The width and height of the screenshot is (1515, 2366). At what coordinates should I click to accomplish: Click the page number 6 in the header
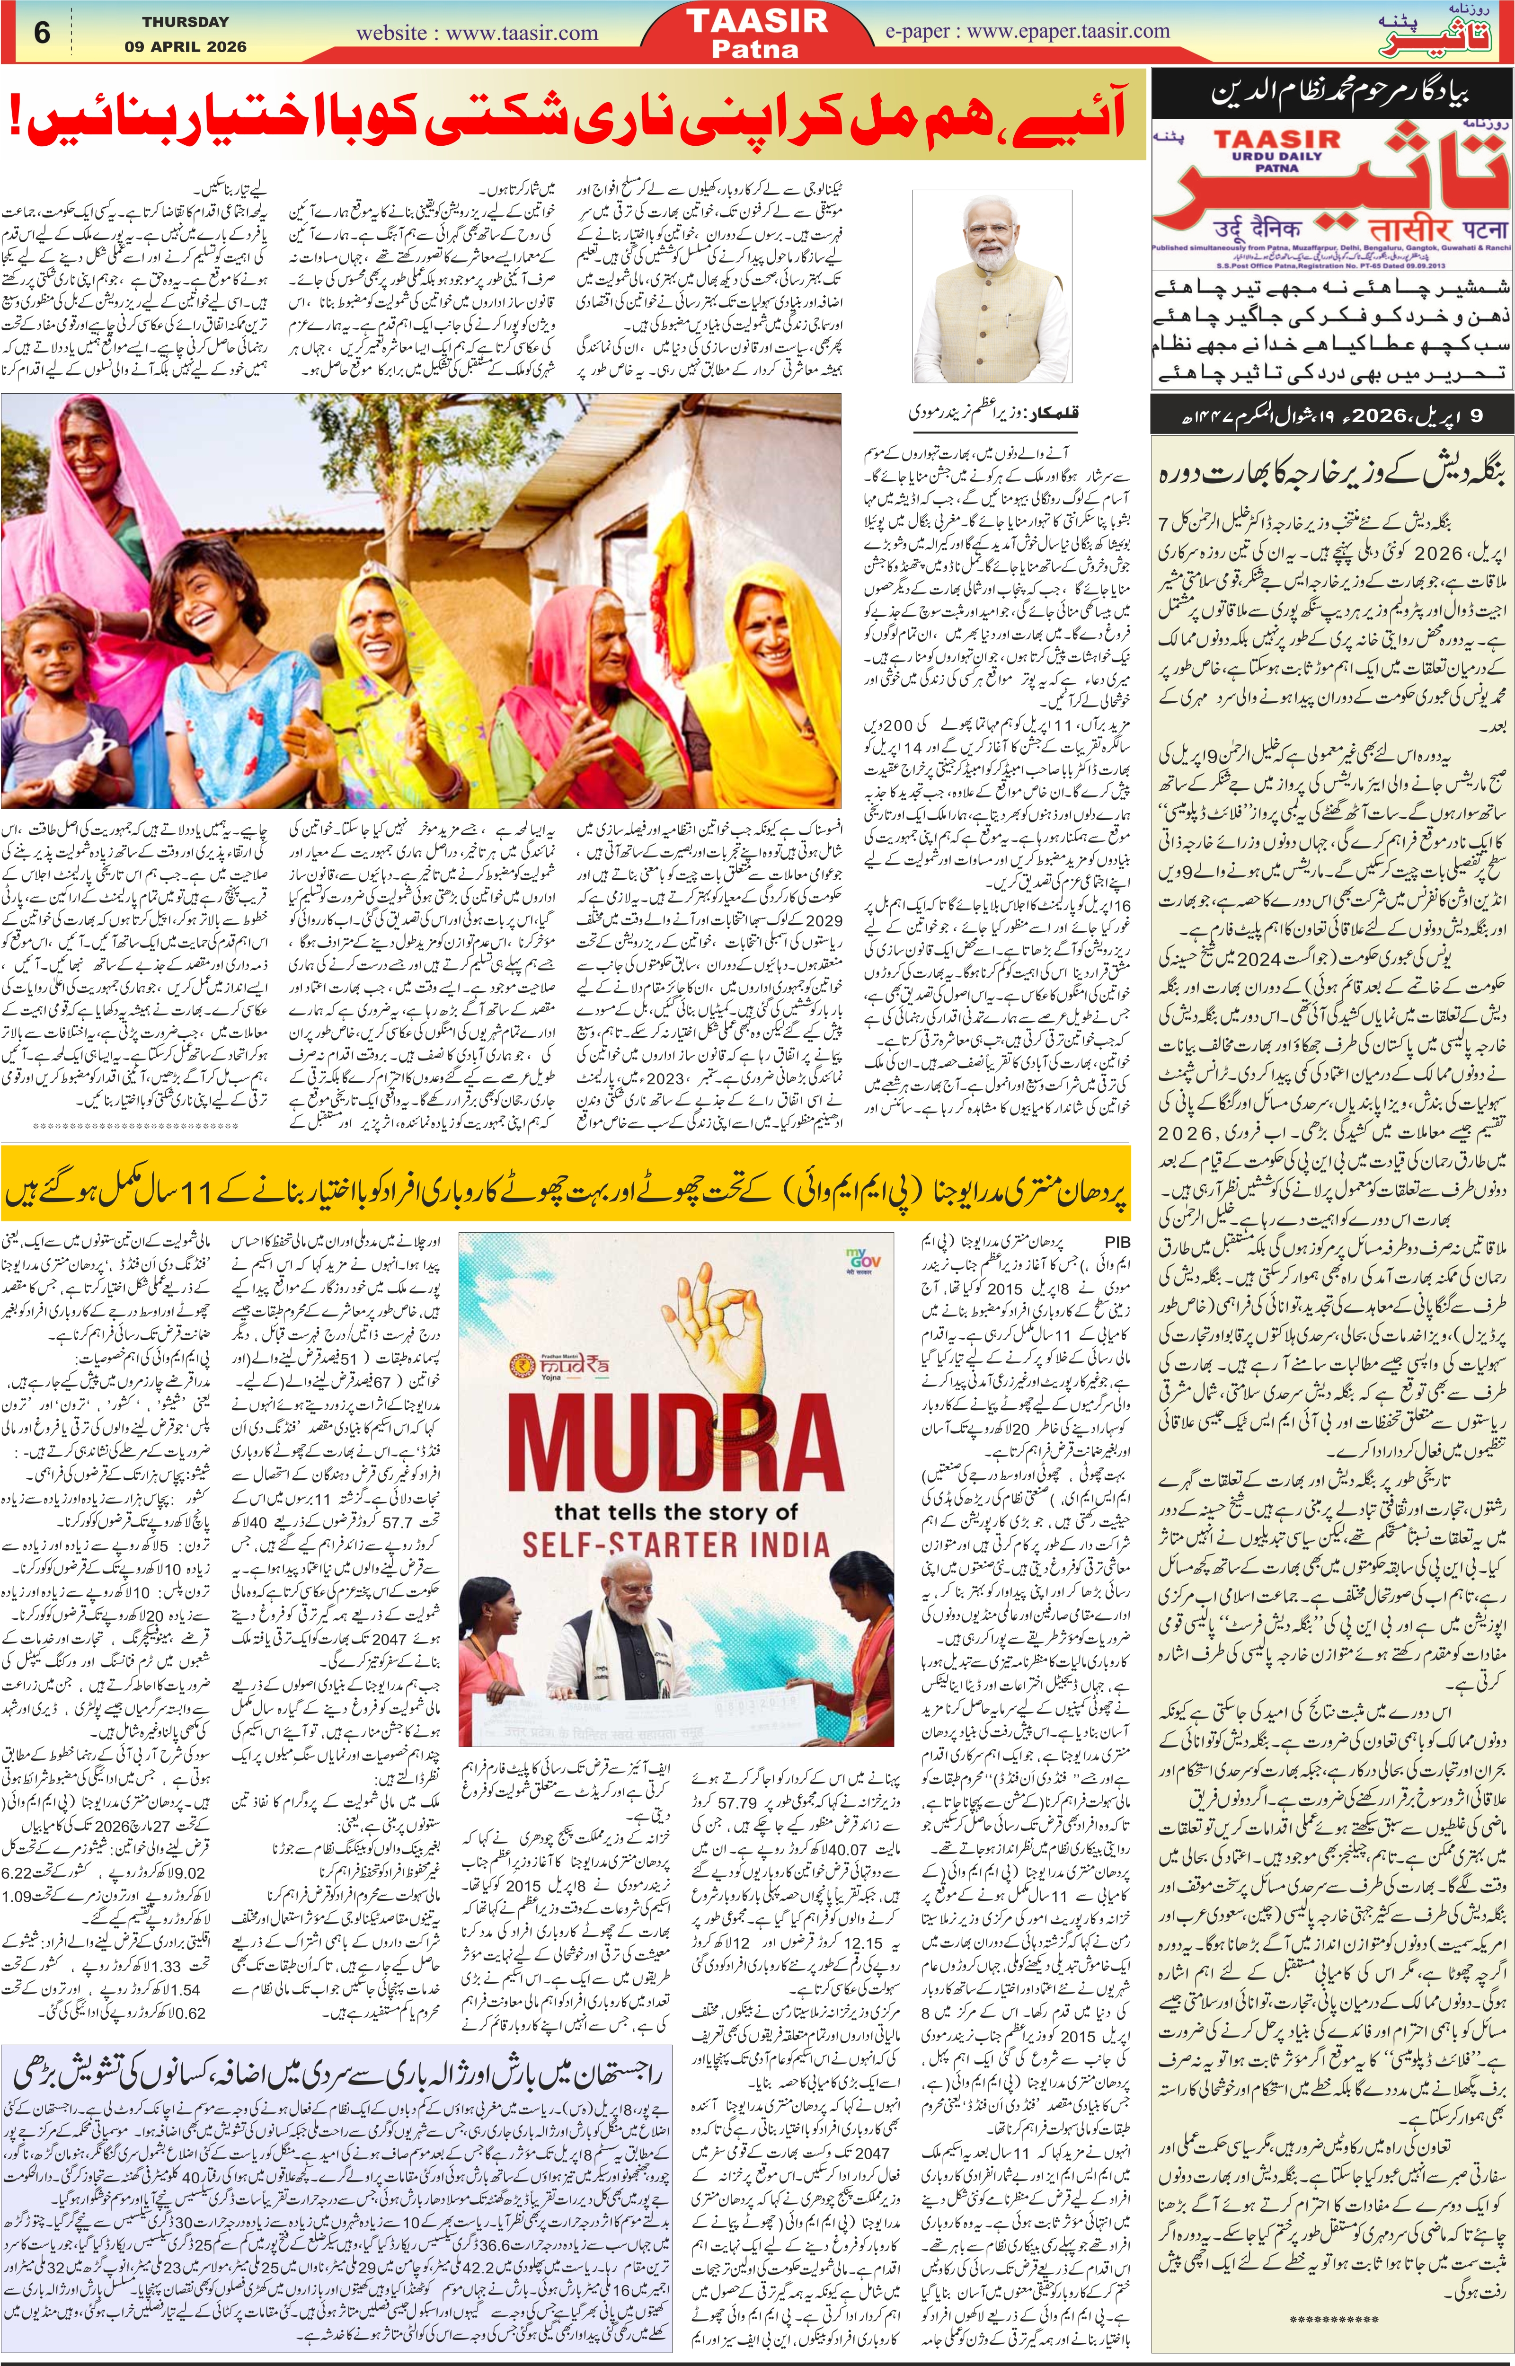click(41, 33)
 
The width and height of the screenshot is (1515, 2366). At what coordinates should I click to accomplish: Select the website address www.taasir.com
click(477, 33)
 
